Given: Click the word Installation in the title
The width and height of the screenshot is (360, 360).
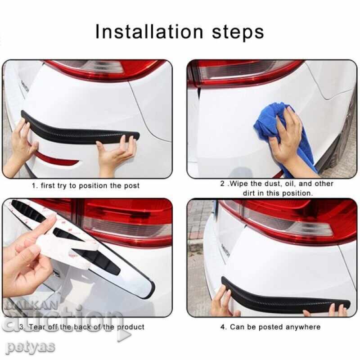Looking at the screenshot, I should point(148,31).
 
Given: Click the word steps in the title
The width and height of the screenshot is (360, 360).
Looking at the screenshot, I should point(237,32).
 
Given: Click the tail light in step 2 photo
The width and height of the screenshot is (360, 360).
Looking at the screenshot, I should point(243,72).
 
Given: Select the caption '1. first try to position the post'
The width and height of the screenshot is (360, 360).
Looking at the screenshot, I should point(85,185).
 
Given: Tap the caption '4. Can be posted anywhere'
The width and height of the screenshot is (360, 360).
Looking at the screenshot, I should point(270,327).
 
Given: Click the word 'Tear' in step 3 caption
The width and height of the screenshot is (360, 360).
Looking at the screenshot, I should point(39,327).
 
